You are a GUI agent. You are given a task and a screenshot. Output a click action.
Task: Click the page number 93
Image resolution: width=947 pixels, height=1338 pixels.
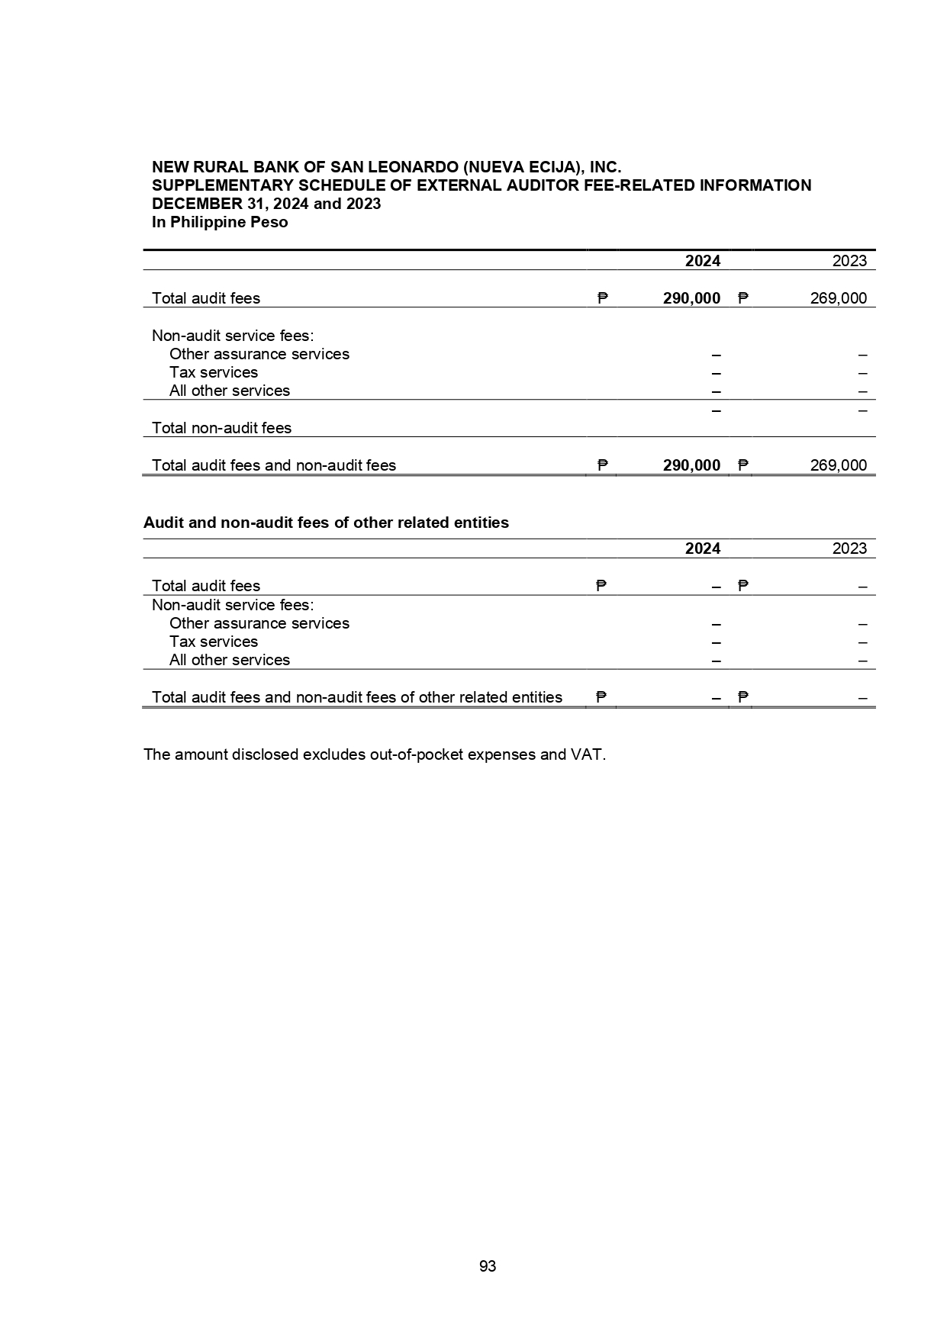488,1266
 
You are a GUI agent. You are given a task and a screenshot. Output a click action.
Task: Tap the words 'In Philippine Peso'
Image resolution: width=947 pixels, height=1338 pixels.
220,222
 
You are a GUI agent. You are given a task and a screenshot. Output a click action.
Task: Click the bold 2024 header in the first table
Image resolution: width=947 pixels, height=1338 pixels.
702,261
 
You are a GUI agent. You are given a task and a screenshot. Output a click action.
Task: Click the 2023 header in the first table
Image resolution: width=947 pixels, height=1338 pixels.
849,261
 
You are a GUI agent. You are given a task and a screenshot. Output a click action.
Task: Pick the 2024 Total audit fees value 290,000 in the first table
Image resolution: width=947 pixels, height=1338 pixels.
691,298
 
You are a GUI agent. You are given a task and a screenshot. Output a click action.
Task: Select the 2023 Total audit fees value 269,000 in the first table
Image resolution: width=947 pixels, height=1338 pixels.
838,298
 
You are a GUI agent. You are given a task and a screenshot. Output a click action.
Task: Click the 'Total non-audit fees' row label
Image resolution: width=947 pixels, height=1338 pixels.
221,428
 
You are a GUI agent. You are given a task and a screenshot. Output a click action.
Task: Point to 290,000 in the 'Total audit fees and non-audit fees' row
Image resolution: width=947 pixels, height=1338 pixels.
691,465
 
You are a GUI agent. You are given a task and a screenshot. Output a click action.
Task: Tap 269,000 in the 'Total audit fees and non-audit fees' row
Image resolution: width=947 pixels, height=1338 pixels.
838,465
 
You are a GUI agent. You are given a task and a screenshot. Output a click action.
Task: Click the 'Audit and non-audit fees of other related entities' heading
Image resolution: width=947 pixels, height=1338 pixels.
326,523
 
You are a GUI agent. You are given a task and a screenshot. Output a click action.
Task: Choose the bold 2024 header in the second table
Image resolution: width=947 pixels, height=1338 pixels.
702,548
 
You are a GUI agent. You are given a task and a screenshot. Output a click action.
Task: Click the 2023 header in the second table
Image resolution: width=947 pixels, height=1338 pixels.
849,548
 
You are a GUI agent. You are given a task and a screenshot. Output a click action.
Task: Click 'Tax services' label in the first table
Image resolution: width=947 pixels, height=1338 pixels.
214,372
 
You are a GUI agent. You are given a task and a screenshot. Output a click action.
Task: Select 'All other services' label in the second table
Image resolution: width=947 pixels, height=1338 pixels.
230,660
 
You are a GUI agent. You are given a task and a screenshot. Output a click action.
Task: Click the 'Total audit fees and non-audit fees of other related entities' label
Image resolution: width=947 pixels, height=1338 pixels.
357,697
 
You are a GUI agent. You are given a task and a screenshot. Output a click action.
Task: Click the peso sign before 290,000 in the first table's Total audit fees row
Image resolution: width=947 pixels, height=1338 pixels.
602,298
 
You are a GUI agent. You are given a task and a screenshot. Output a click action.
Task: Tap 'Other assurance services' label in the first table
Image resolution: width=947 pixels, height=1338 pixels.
259,354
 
